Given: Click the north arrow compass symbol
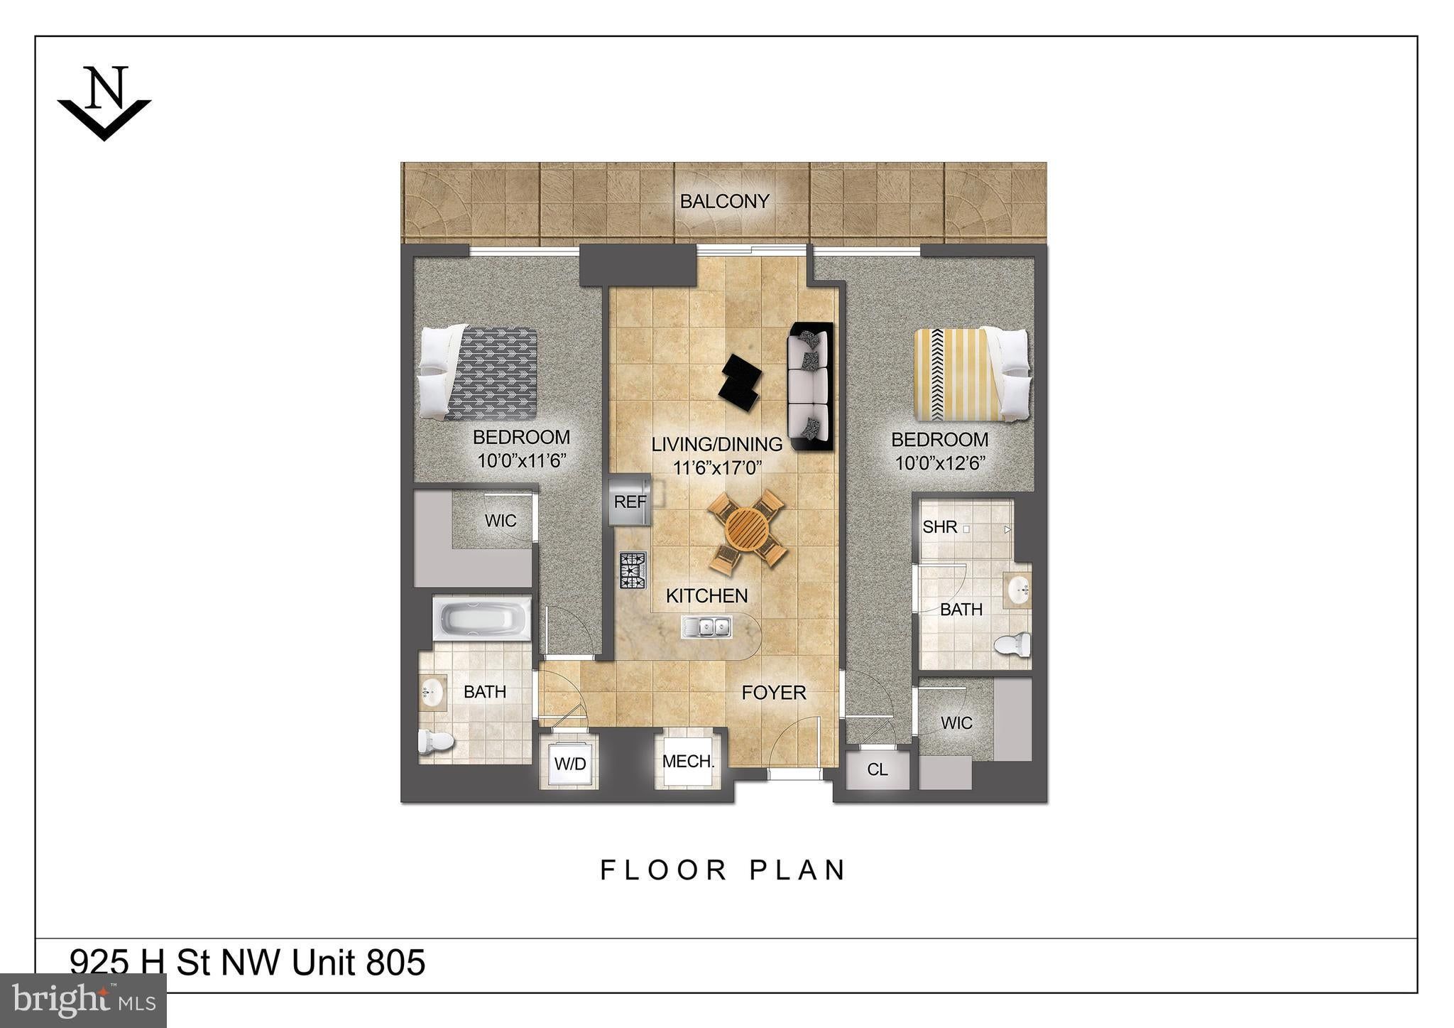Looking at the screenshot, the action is click(104, 103).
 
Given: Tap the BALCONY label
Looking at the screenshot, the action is click(724, 202).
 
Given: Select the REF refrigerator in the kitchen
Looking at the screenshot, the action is click(630, 502).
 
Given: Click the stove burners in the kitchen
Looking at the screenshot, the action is click(633, 571).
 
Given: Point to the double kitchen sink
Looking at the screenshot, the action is click(706, 627).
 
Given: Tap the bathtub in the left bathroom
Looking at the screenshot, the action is click(482, 618).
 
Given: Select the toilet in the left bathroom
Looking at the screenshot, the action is click(436, 742).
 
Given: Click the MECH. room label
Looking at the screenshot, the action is click(687, 762).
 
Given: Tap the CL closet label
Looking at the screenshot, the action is click(878, 769).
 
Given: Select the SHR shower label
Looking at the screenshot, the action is click(940, 527).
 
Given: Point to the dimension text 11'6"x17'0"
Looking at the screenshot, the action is click(717, 467).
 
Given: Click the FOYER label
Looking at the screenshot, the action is click(774, 692).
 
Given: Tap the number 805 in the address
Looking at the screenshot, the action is click(396, 963).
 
